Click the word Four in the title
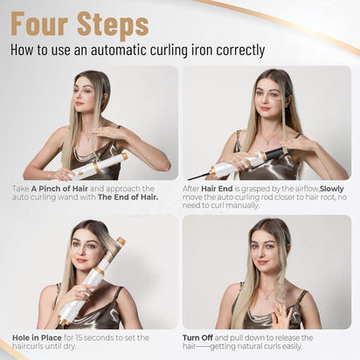point(39,24)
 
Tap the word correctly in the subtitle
point(240,50)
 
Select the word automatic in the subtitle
point(119,50)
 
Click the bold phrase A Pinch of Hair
point(59,189)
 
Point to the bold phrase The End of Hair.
point(128,197)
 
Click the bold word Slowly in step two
point(332,189)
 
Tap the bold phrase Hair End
point(217,189)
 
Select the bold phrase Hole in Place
point(37,338)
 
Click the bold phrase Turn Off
point(197,338)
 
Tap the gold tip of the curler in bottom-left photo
point(121,241)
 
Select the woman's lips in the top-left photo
point(80,103)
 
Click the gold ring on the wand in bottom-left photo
point(100,271)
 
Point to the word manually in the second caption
point(242,205)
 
